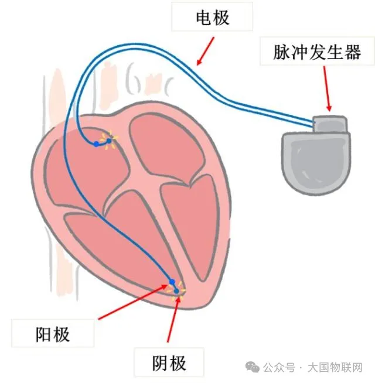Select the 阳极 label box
click(52, 334)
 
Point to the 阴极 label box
click(161, 363)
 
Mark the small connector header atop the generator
click(330, 124)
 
